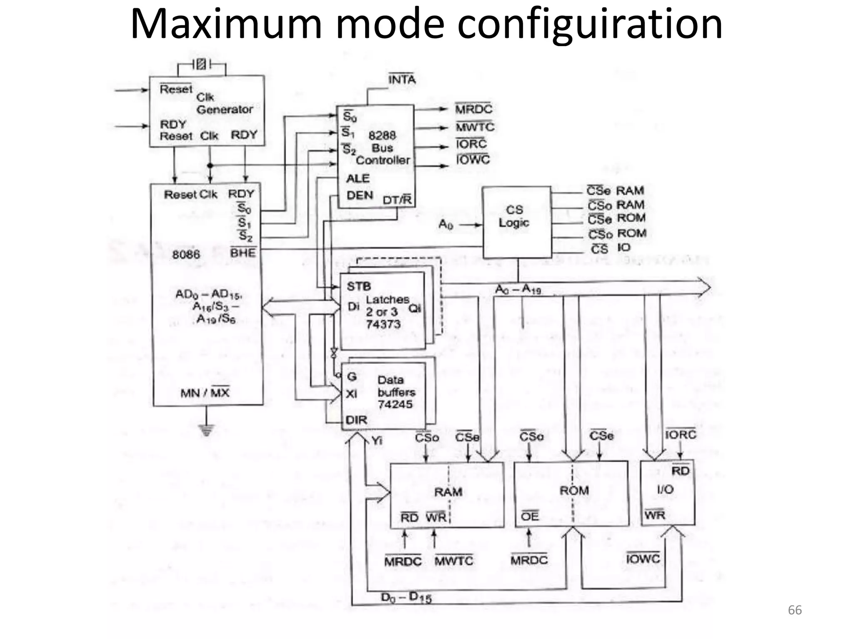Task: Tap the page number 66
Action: [795, 610]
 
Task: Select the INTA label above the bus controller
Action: [402, 79]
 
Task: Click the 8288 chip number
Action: [382, 135]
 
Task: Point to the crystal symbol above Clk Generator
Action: [201, 64]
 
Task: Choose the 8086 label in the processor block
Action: [186, 254]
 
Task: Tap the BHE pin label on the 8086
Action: [243, 253]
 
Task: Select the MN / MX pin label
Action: [205, 393]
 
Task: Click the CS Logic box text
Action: [514, 216]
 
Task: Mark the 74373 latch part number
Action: [383, 324]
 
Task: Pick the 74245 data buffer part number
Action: [395, 404]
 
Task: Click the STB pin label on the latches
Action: [359, 286]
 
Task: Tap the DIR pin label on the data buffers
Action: [357, 420]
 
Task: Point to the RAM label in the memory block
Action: [448, 492]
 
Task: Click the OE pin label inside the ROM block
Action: [530, 516]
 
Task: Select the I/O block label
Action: [665, 489]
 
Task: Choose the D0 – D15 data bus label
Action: [406, 597]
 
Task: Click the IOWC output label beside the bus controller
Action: [473, 160]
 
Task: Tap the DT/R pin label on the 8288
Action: [397, 200]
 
